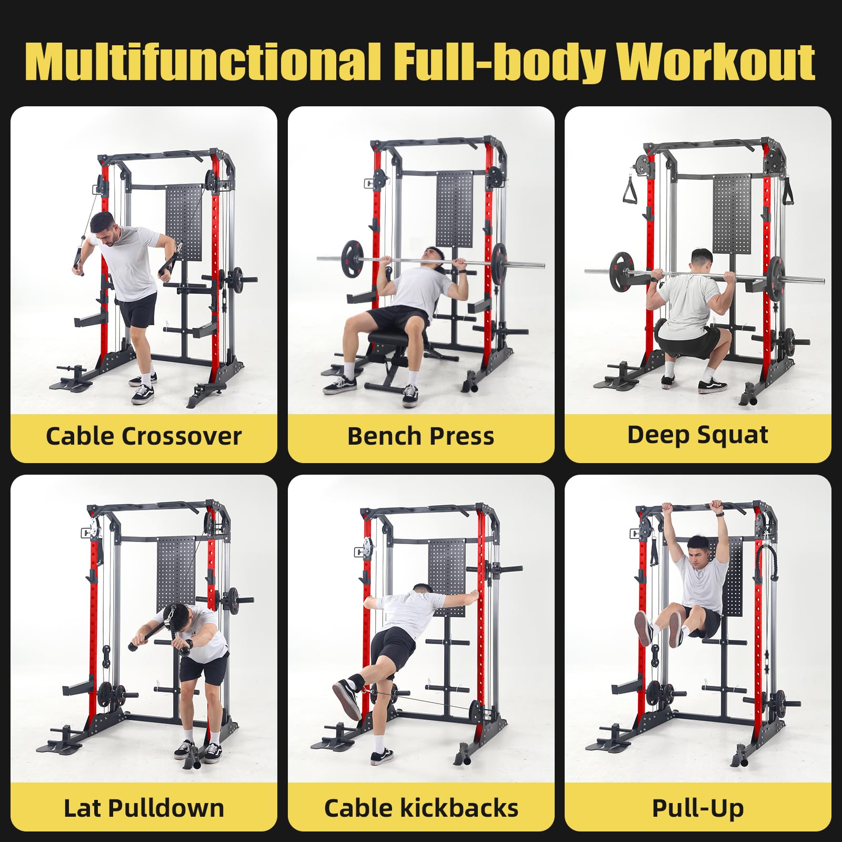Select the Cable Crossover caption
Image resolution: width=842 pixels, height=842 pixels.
pyautogui.click(x=144, y=436)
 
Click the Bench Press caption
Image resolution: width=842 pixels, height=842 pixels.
pyautogui.click(x=421, y=436)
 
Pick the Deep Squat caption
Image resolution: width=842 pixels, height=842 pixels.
pyautogui.click(x=698, y=435)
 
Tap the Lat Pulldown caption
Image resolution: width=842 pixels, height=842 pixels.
pyautogui.click(x=144, y=808)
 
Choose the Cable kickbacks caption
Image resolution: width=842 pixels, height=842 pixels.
pyautogui.click(x=421, y=808)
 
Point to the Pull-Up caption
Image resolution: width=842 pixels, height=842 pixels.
pyautogui.click(x=698, y=808)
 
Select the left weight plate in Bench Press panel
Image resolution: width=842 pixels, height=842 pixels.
pyautogui.click(x=352, y=258)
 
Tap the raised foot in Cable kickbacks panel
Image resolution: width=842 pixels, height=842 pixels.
pyautogui.click(x=346, y=697)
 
